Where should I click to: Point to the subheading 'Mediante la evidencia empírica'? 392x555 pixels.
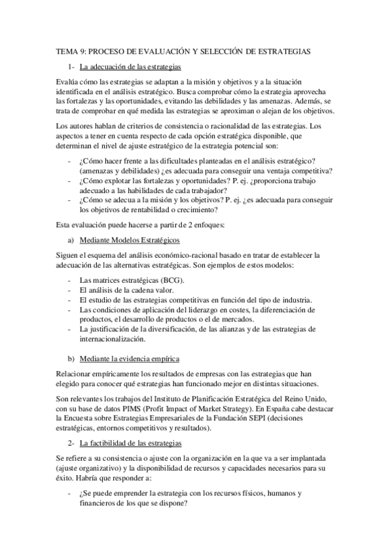[x=130, y=359]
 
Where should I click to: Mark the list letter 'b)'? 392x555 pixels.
[x=70, y=359]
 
